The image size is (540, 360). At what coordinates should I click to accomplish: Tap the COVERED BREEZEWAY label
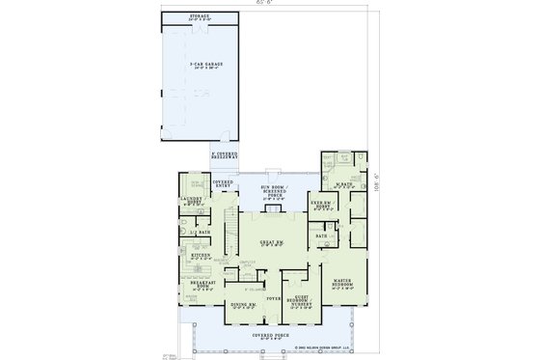point(223,155)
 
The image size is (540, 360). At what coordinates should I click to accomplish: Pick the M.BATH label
point(340,183)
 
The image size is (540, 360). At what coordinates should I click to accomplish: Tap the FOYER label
point(272,300)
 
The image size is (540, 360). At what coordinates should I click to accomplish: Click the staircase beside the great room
point(231,232)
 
